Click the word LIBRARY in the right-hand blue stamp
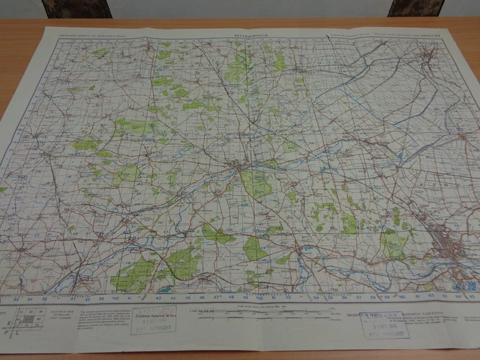point(381,317)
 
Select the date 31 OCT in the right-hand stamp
point(382,325)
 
